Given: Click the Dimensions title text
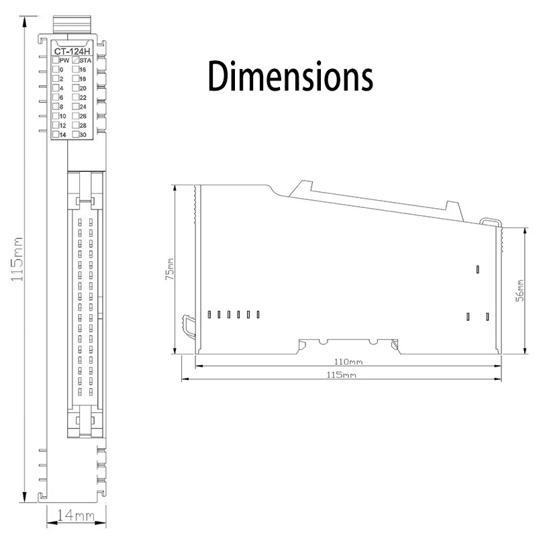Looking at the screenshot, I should tap(289, 75).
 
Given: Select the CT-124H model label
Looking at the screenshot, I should tap(73, 51).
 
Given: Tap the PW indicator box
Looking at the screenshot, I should tap(56, 60).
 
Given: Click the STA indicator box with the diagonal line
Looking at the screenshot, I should tap(75, 60).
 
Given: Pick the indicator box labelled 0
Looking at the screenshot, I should tap(56, 70).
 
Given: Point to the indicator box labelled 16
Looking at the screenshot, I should tap(75, 70).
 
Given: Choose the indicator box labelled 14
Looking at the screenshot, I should tap(56, 135).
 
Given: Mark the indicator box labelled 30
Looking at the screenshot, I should tap(75, 135).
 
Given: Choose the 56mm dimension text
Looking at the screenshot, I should tap(519, 291).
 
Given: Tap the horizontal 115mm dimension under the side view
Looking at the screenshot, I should tap(341, 375).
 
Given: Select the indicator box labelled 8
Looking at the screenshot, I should tap(56, 107).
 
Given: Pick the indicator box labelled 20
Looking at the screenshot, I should tap(75, 88).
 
